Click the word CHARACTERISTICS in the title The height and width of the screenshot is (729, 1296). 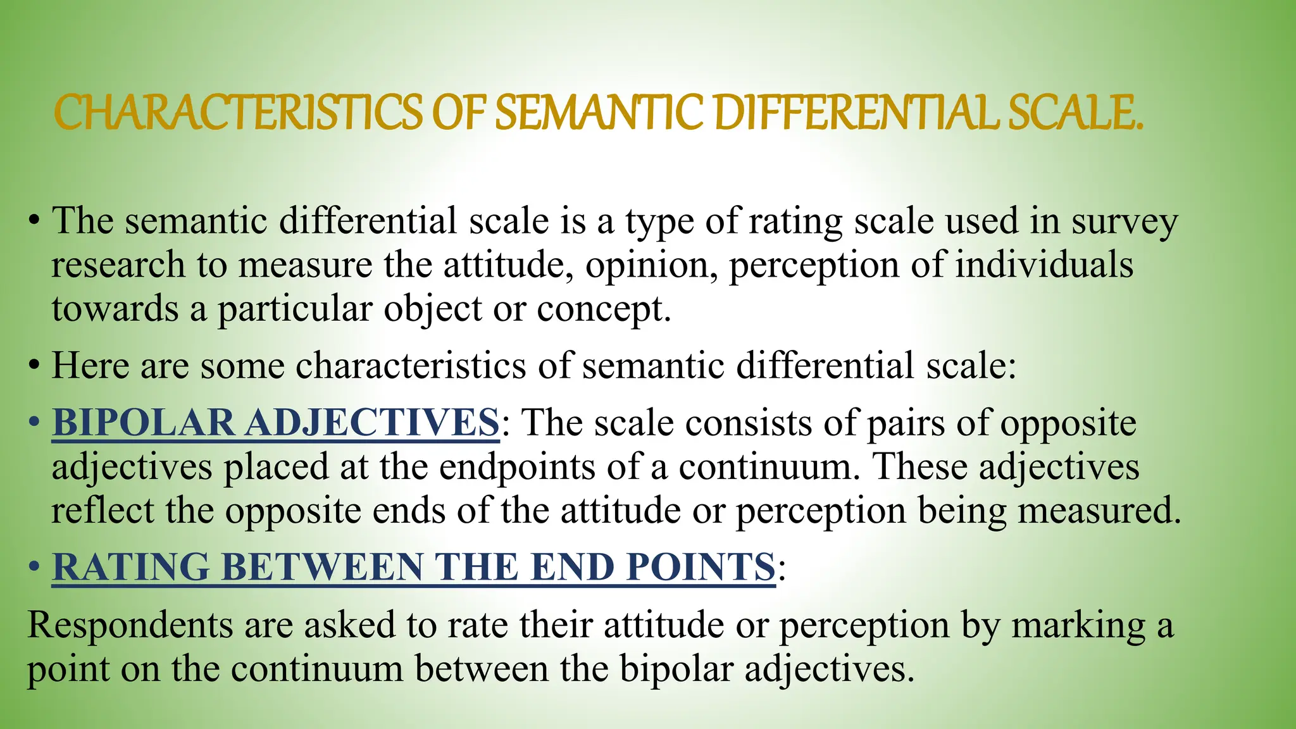click(238, 113)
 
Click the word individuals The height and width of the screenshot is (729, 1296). click(1044, 264)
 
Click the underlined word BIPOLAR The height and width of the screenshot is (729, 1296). click(143, 422)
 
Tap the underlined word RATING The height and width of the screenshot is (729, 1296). click(130, 566)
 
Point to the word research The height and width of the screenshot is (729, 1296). click(118, 265)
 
